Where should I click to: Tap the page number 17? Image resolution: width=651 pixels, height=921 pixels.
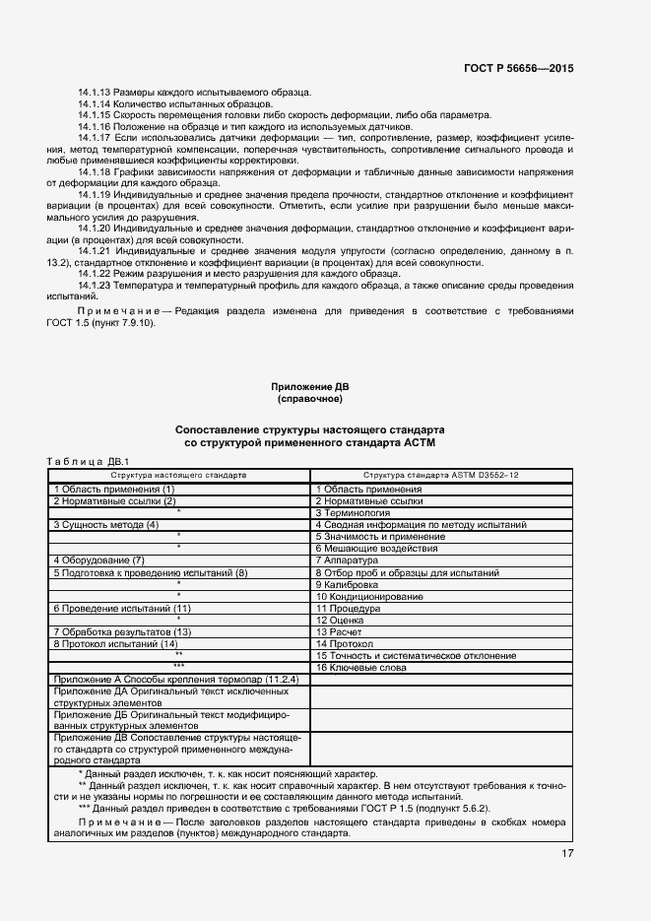[568, 853]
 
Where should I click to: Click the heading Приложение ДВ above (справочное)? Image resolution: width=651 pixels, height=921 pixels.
[309, 387]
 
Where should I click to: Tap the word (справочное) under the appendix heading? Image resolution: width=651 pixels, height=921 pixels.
[309, 400]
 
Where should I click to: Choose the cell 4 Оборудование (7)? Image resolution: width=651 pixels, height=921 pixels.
[98, 560]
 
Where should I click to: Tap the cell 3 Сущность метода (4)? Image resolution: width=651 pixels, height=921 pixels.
[106, 525]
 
